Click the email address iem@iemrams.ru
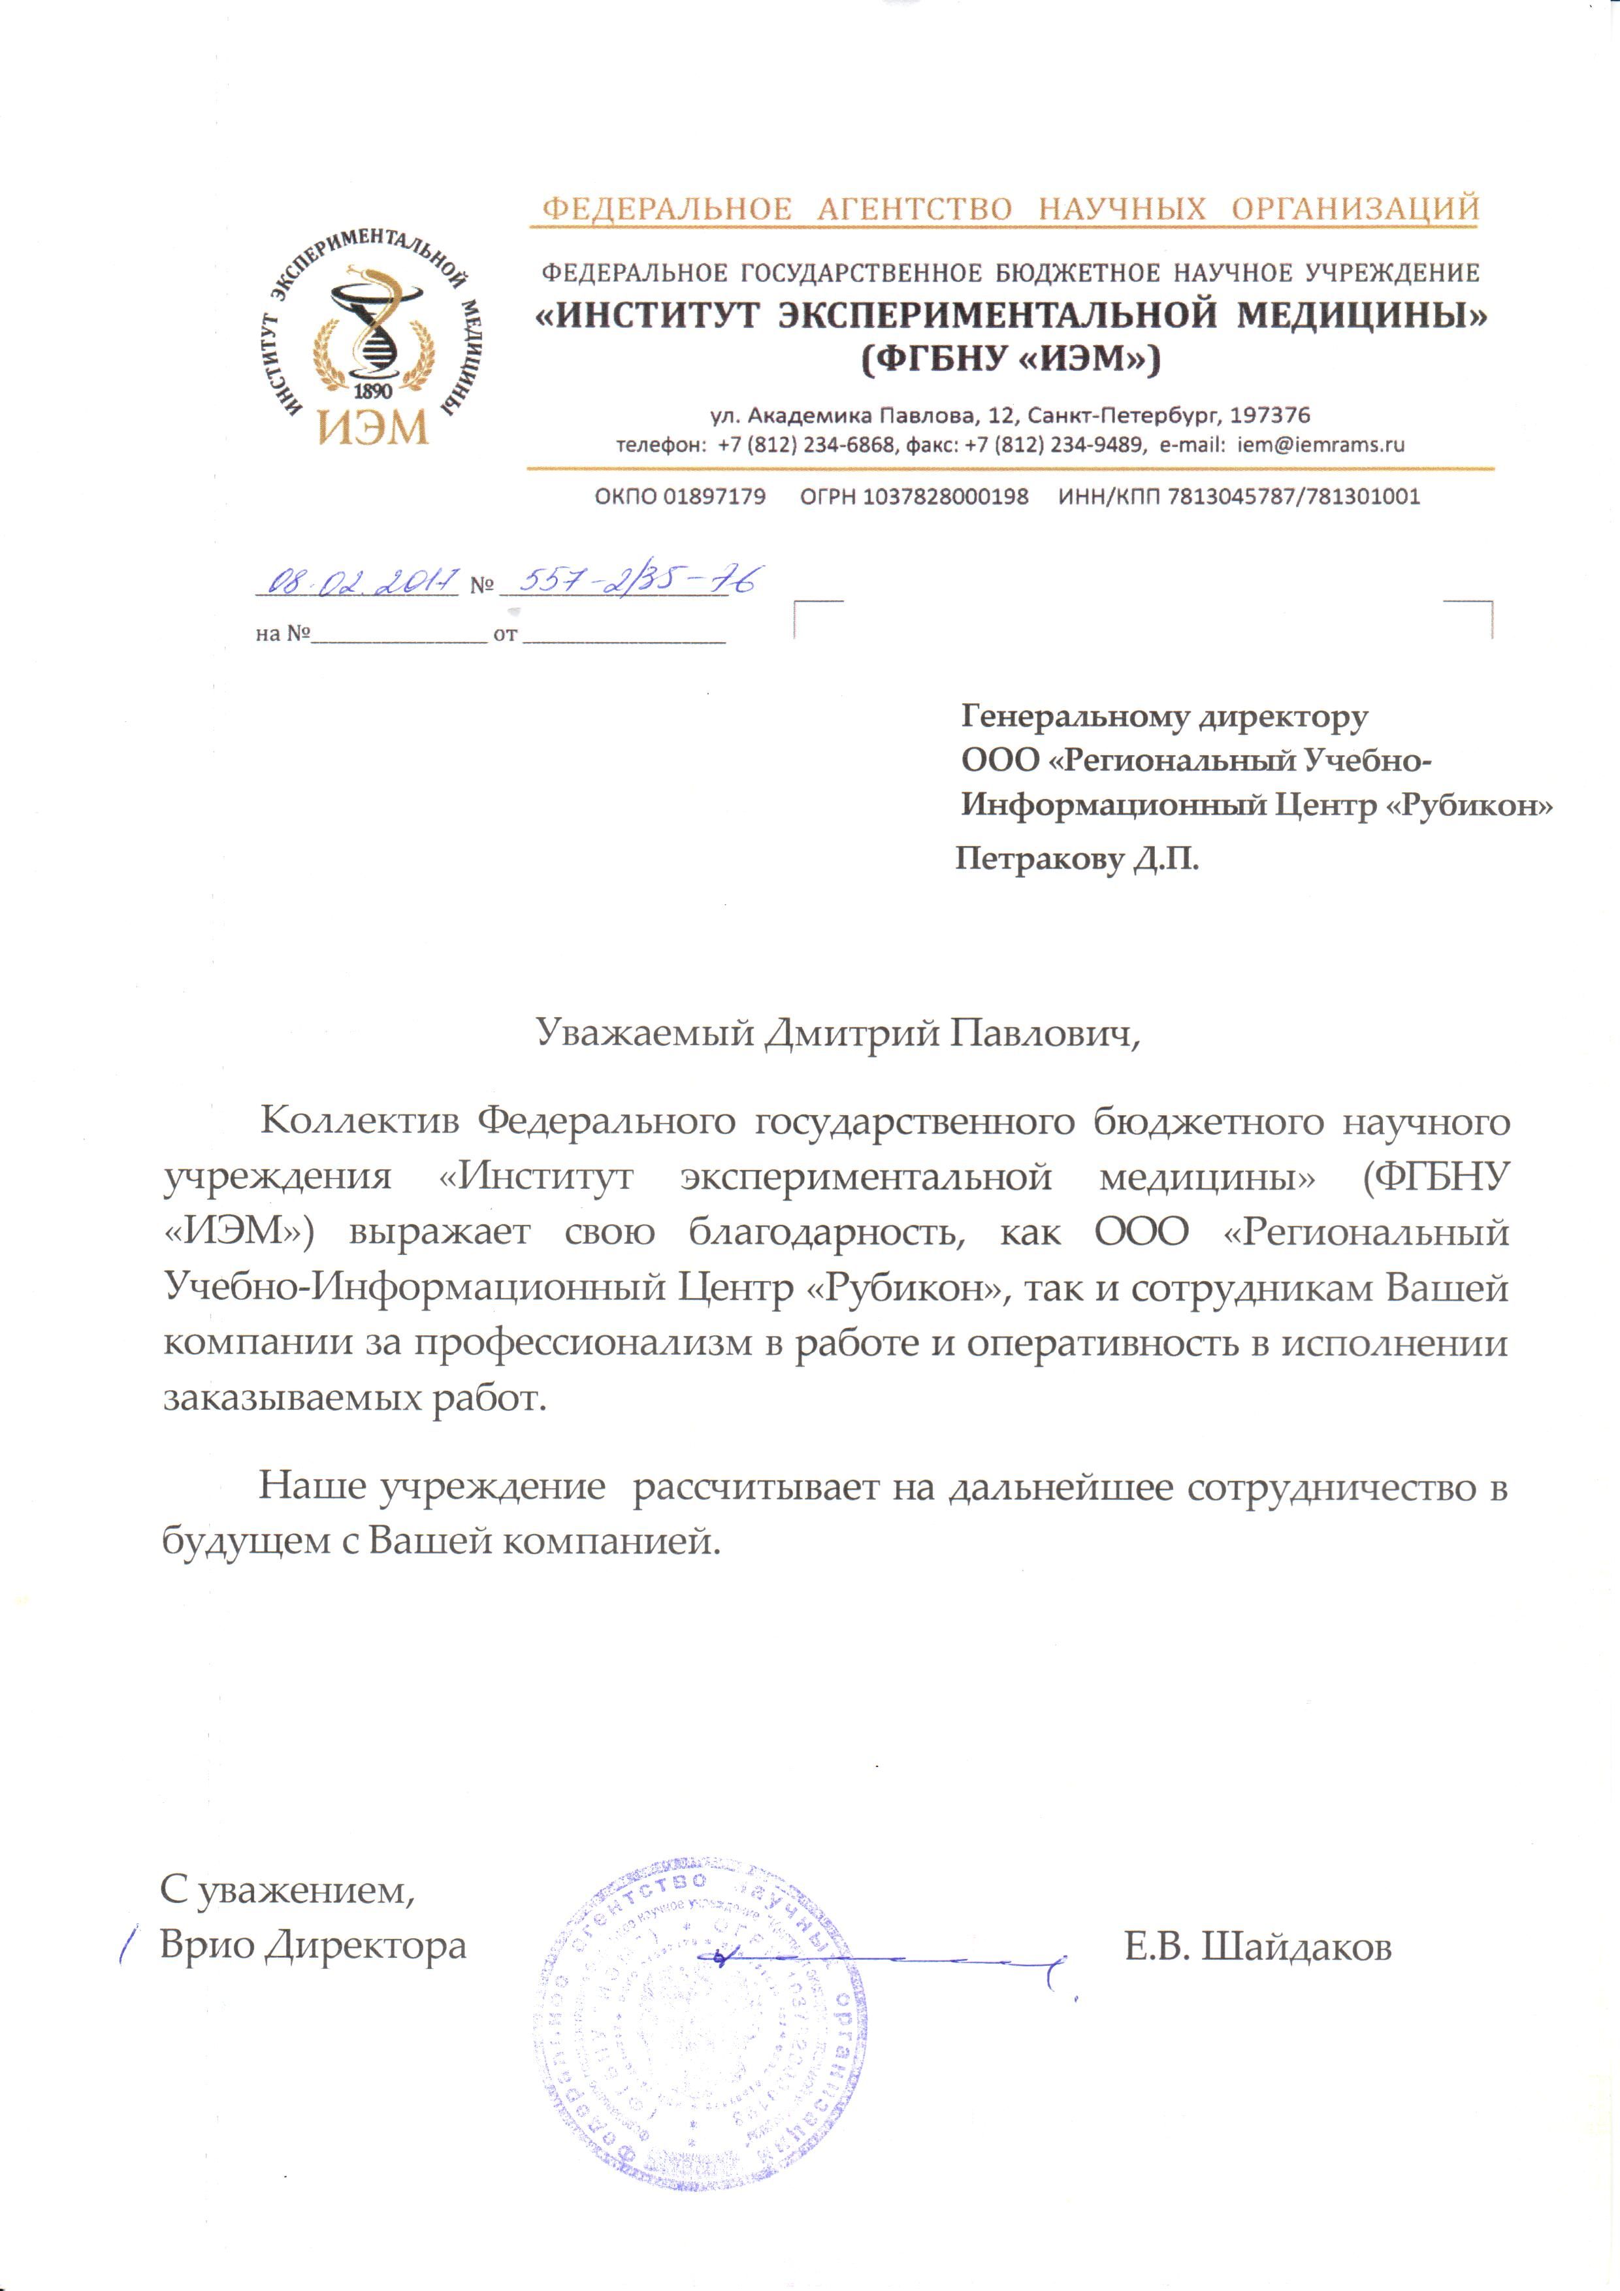(1321, 445)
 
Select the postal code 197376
(1270, 414)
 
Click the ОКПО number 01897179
(680, 496)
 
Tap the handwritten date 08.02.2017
(359, 581)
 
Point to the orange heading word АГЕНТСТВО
(914, 210)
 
